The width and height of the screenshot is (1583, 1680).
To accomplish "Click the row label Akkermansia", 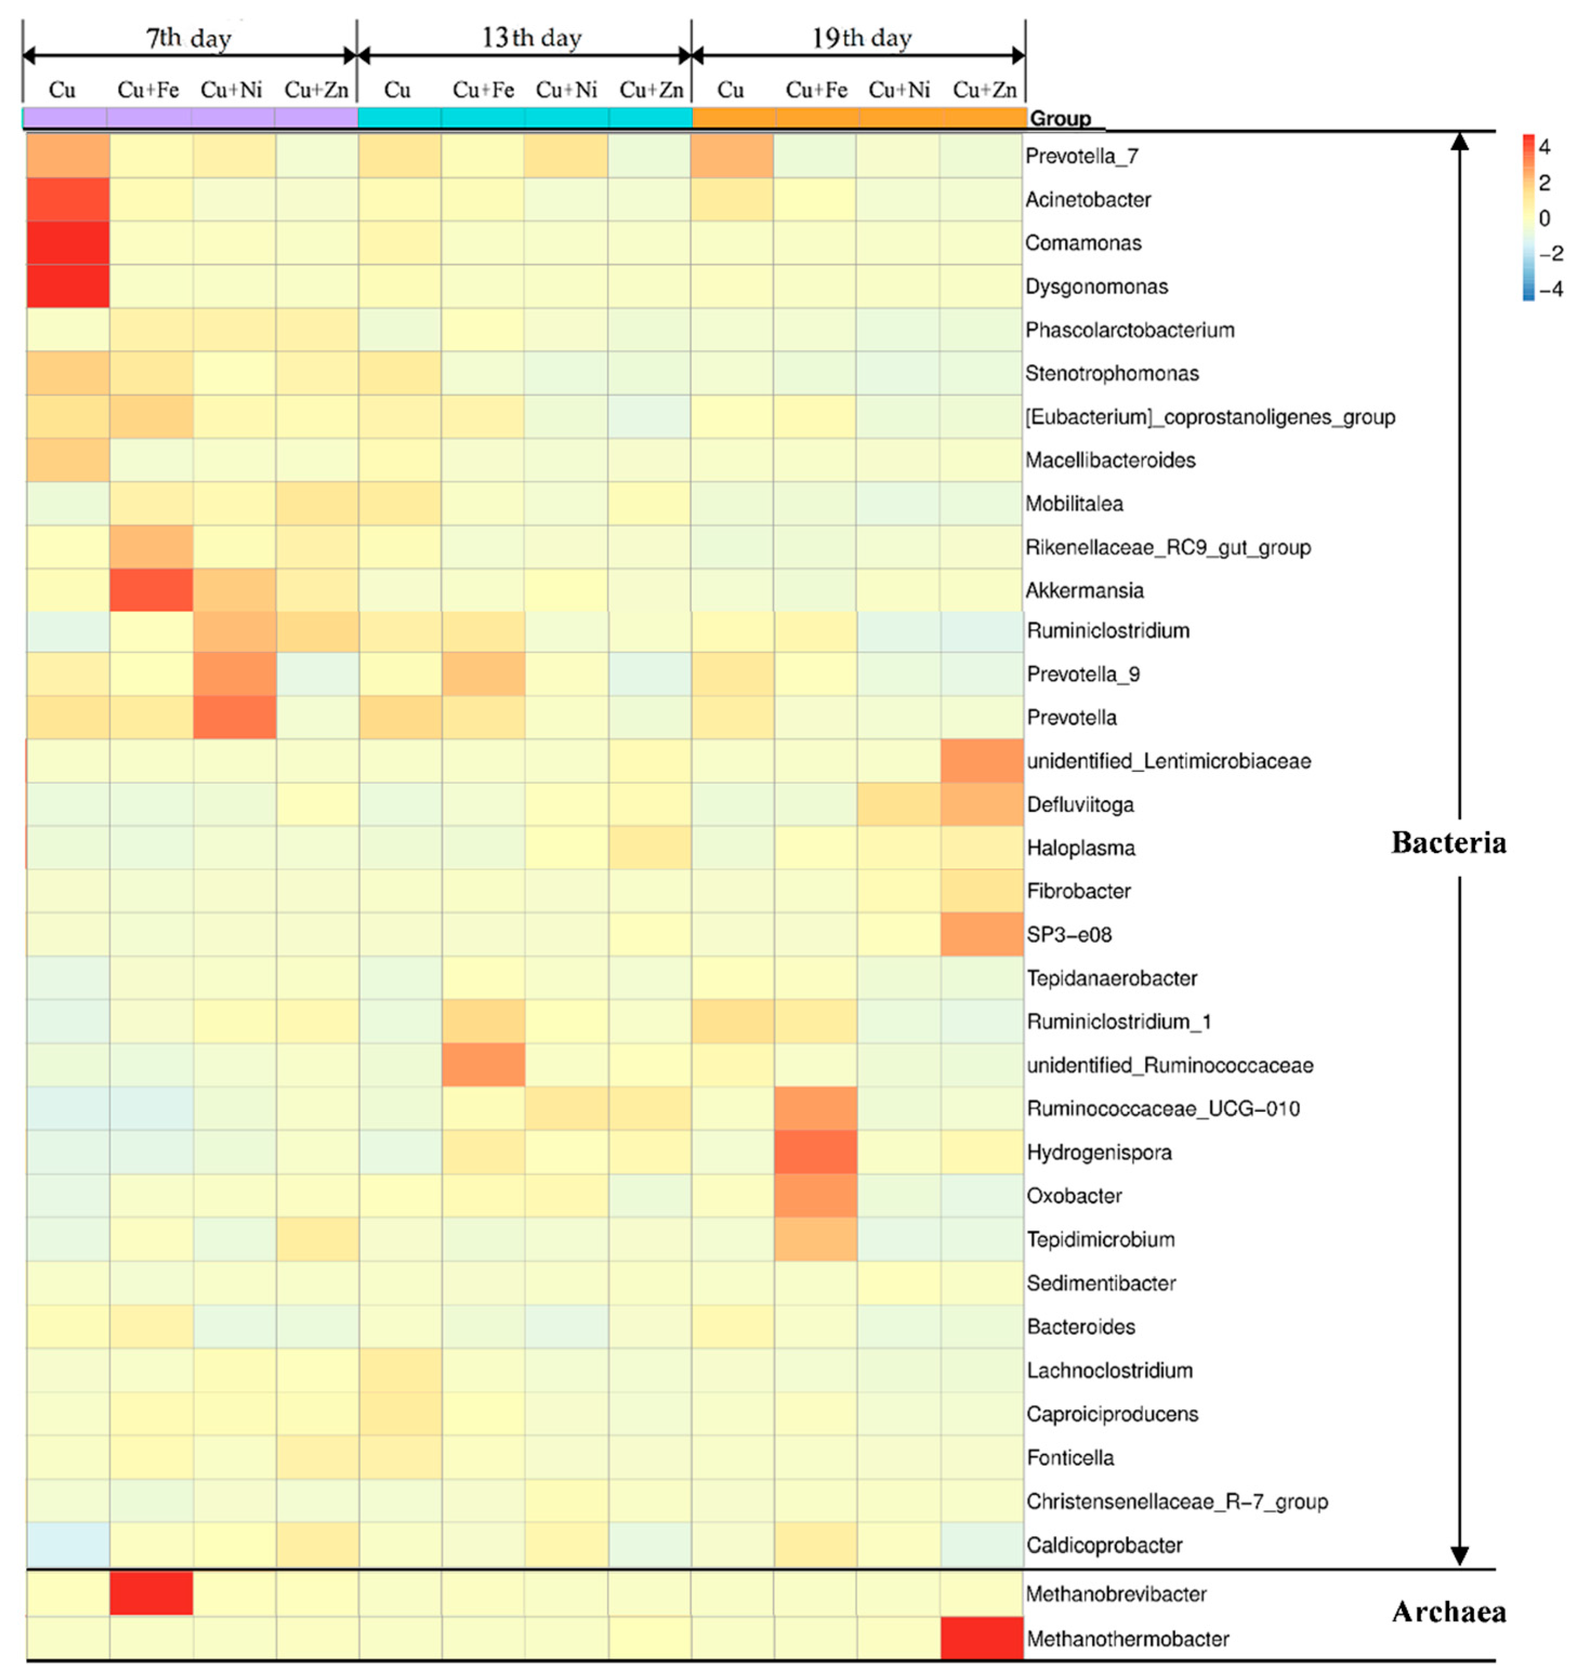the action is pos(1084,591).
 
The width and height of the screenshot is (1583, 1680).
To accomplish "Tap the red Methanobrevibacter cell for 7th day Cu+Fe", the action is pos(151,1593).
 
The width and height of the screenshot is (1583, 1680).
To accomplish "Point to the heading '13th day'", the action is pos(532,38).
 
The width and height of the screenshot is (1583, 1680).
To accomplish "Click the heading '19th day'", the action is pos(862,38).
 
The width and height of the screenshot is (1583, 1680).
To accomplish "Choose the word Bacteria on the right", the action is pos(1449,843).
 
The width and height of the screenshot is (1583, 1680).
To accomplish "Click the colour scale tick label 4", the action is pos(1544,147).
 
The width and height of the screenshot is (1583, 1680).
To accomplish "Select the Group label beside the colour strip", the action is pos(1060,118).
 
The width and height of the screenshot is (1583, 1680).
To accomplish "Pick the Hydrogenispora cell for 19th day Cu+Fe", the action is pos(816,1152).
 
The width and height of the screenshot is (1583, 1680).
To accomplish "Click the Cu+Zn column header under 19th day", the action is pos(985,90).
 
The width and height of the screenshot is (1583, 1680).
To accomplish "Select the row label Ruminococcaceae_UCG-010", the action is pos(1163,1109).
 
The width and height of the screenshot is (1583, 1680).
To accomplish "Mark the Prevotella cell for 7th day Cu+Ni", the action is pos(234,717).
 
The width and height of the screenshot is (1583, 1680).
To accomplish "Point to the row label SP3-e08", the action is pos(1069,935).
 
